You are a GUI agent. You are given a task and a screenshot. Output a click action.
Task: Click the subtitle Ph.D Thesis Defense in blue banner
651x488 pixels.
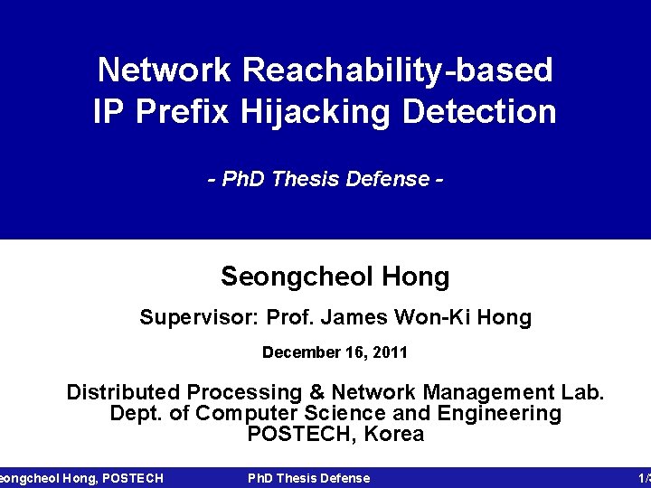pos(325,179)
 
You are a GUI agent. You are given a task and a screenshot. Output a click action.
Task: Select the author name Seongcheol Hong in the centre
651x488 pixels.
pos(335,277)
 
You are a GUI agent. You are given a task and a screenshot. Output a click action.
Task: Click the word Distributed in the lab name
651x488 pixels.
pos(124,393)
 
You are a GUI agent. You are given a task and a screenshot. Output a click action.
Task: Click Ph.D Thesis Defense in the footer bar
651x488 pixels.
pos(308,478)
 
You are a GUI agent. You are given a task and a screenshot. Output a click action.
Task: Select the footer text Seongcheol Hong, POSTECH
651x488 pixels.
pos(81,478)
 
